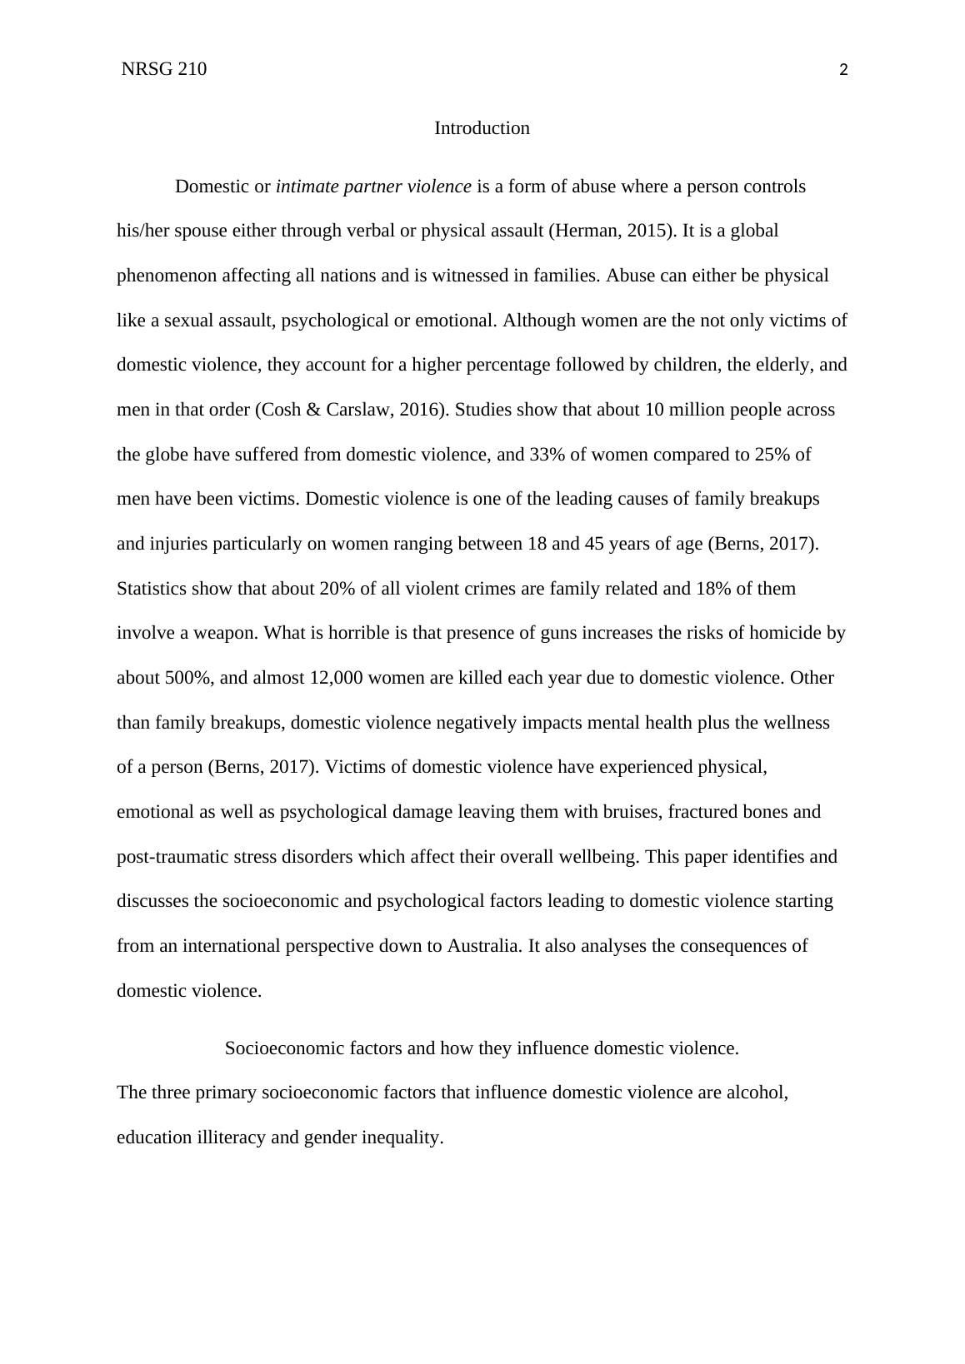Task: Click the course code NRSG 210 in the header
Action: (163, 69)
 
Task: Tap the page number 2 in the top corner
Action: (843, 71)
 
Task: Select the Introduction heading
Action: (482, 128)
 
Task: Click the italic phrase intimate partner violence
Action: (373, 187)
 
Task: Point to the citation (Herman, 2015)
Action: (612, 231)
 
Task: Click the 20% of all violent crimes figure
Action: (337, 589)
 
